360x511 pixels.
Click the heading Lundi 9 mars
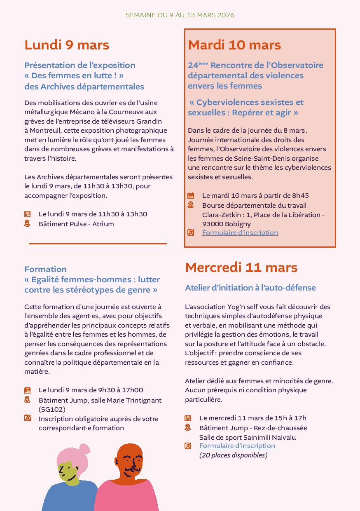click(x=67, y=45)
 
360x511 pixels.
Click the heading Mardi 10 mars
click(x=234, y=45)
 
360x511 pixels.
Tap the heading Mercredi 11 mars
click(x=241, y=267)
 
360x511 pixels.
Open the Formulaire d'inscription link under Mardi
click(x=240, y=232)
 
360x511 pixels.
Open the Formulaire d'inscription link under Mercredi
click(x=237, y=445)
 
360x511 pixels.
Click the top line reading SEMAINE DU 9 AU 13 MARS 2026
click(x=180, y=15)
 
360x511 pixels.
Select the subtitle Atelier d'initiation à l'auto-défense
click(x=250, y=288)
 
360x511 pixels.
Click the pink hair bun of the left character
click(x=84, y=448)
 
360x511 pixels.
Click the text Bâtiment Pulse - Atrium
click(x=76, y=224)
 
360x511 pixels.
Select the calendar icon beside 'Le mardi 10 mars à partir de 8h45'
click(x=191, y=196)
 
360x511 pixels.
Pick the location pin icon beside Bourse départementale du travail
click(x=191, y=205)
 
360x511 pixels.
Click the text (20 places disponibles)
click(x=233, y=455)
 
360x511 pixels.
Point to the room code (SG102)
click(x=52, y=409)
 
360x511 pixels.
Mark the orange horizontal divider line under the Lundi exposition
click(x=98, y=244)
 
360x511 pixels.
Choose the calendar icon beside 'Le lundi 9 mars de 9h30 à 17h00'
click(x=27, y=390)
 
